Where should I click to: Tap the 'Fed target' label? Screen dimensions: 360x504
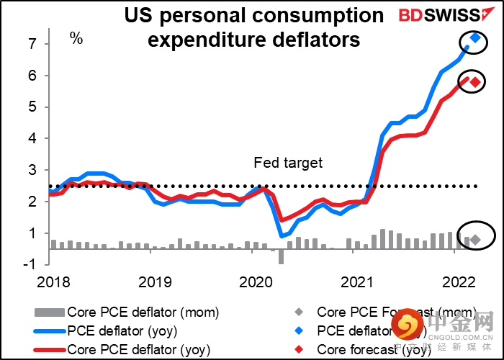pos(288,163)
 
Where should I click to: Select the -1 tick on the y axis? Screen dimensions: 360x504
pos(28,264)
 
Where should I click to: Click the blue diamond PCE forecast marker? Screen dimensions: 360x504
pos(475,38)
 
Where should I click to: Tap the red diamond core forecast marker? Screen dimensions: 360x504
pos(475,81)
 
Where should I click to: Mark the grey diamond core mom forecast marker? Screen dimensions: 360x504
pos(475,238)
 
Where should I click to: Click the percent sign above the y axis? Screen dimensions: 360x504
pos(76,37)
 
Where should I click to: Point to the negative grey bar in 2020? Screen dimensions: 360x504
pos(281,257)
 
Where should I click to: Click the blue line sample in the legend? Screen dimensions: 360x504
pos(48,331)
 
